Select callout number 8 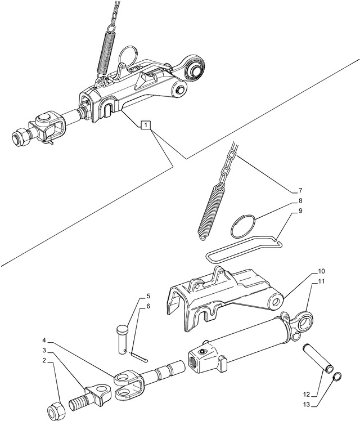(300, 201)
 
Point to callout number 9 (300, 211)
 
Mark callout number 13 (306, 404)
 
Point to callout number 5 (148, 296)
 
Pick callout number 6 (148, 306)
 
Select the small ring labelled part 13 (337, 378)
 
